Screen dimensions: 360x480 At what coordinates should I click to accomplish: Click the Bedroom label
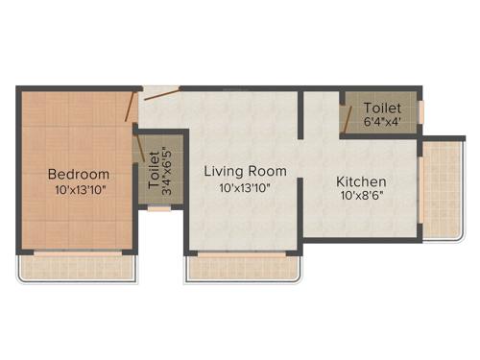tap(79, 175)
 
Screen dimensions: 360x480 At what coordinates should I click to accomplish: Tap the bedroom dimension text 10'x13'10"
tap(79, 190)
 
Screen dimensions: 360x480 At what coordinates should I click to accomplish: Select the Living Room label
tap(244, 171)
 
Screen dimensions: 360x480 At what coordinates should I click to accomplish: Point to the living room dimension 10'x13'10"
tap(244, 188)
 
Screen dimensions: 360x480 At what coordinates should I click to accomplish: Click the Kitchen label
tap(361, 181)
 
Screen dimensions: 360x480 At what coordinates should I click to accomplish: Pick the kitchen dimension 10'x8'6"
tap(361, 197)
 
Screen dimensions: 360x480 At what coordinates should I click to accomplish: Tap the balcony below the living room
tap(244, 268)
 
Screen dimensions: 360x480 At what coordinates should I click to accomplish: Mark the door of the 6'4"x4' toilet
tap(345, 119)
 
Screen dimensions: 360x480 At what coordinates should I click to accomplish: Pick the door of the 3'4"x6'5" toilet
tap(141, 148)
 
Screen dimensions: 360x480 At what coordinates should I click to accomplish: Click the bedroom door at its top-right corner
tap(130, 107)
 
